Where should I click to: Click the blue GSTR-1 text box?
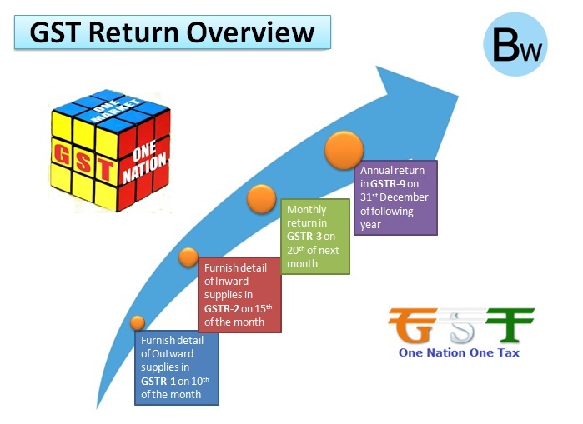coord(176,367)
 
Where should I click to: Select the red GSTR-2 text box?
coord(239,294)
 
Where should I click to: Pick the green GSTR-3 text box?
coord(315,236)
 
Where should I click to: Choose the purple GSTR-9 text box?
coord(395,197)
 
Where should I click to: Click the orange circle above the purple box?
coord(344,152)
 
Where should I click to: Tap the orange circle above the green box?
coord(262,200)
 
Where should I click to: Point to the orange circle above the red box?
coord(188,257)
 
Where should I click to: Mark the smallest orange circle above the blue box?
coord(138,322)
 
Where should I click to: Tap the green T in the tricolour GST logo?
coord(508,326)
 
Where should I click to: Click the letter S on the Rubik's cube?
coord(83,156)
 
